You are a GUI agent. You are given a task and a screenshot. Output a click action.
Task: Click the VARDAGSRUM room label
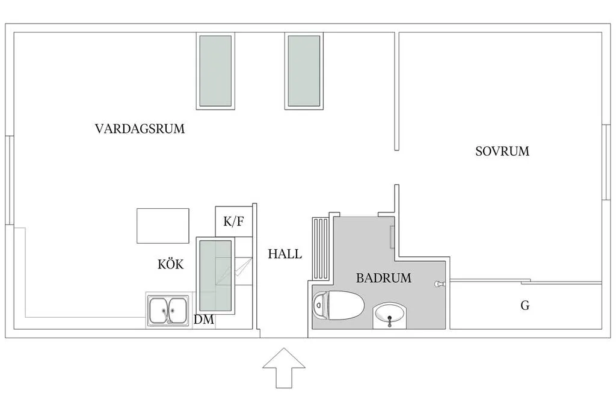point(140,129)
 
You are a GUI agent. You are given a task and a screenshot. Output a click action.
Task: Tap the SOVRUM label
point(502,151)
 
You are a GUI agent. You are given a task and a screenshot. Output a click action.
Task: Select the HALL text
point(285,254)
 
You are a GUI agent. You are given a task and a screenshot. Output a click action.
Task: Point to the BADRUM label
point(383,278)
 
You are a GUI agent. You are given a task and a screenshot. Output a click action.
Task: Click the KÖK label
point(170,264)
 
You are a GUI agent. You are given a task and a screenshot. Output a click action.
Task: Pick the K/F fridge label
point(234,221)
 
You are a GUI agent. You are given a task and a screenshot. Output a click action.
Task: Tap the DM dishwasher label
point(204,320)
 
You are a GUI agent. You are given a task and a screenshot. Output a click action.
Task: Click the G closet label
point(525,305)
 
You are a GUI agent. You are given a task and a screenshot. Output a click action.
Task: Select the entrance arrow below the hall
point(284,368)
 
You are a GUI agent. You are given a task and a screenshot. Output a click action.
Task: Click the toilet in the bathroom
point(338,305)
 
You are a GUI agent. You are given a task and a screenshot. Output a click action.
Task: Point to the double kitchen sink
point(168,310)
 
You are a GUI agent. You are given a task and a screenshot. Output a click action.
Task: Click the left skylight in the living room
point(215,71)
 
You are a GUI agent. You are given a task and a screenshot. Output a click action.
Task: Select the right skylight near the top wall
point(304,71)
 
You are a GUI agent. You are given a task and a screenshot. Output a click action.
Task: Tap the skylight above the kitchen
point(215,275)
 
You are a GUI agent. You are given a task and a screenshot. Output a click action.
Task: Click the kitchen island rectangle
point(163,226)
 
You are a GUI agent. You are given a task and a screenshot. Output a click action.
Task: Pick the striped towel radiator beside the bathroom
point(321,249)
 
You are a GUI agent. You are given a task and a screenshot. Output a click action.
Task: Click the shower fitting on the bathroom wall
point(439,283)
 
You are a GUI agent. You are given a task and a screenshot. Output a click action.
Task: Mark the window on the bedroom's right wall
point(606,162)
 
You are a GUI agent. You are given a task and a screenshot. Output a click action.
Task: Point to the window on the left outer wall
point(10,181)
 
